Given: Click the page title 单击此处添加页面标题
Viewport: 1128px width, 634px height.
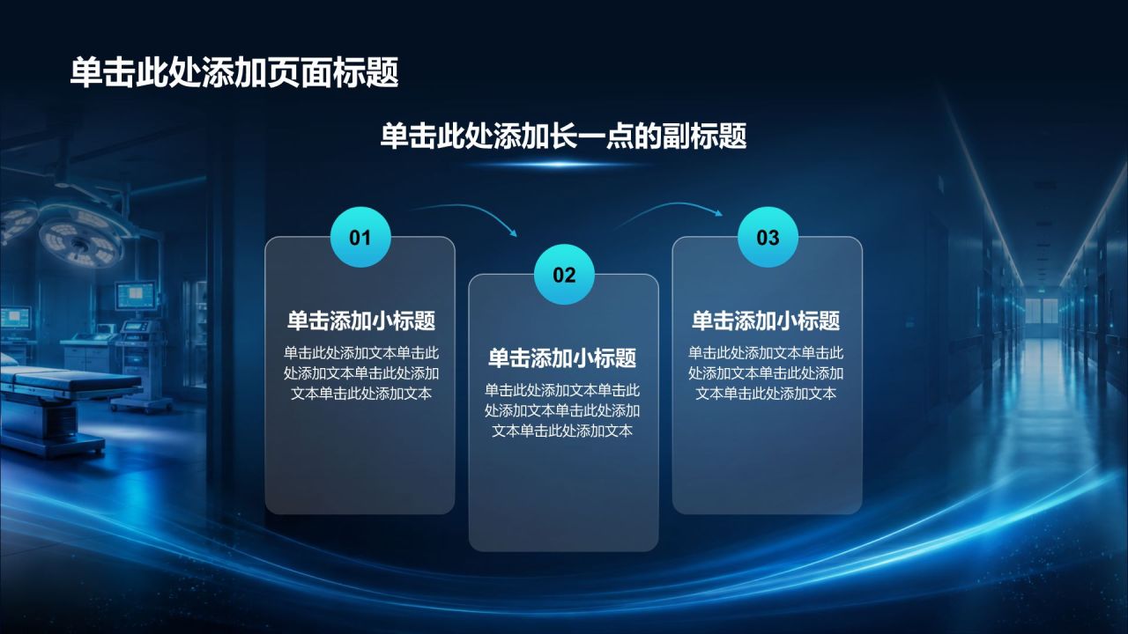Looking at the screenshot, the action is click(234, 72).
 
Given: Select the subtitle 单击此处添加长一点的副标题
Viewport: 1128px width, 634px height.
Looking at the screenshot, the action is click(563, 136).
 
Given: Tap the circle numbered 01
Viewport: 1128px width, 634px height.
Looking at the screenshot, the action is click(360, 237).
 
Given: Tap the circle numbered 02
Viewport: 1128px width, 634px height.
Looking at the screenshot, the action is click(564, 274).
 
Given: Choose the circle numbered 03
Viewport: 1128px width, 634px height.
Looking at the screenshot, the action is click(768, 237).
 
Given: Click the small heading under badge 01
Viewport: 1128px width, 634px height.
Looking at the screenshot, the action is click(361, 321).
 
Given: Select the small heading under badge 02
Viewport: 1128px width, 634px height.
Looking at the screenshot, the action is click(562, 358).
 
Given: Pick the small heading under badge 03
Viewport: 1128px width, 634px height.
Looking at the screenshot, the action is click(766, 321).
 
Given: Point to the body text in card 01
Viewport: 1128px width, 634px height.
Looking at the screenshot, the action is click(361, 372).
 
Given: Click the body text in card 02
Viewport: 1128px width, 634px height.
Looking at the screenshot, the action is click(562, 410).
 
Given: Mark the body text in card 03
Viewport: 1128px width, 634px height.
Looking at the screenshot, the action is click(766, 372).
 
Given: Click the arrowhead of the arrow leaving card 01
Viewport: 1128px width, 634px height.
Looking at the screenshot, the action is click(513, 232).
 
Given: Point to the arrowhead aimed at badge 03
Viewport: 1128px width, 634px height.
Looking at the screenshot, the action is click(718, 213).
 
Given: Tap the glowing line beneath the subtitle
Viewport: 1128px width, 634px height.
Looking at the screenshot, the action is click(562, 164).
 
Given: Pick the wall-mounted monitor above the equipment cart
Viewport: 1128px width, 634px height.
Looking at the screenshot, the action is click(135, 294).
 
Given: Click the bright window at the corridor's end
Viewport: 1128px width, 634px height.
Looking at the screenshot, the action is click(1042, 311).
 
